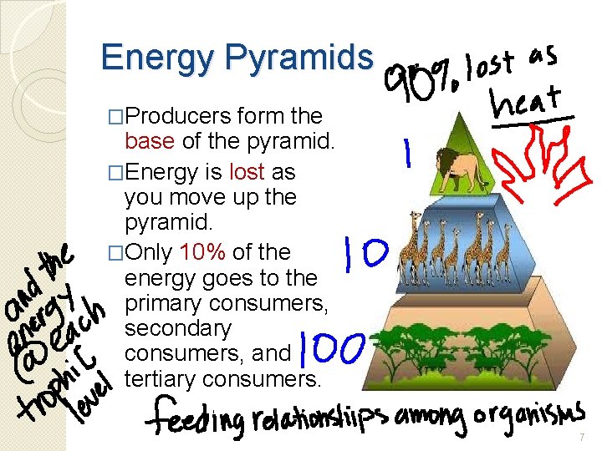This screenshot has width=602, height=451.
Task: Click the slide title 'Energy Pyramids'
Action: (236, 57)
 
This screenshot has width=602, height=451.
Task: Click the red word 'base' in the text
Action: (148, 141)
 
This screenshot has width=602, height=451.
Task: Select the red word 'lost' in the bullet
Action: (242, 172)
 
